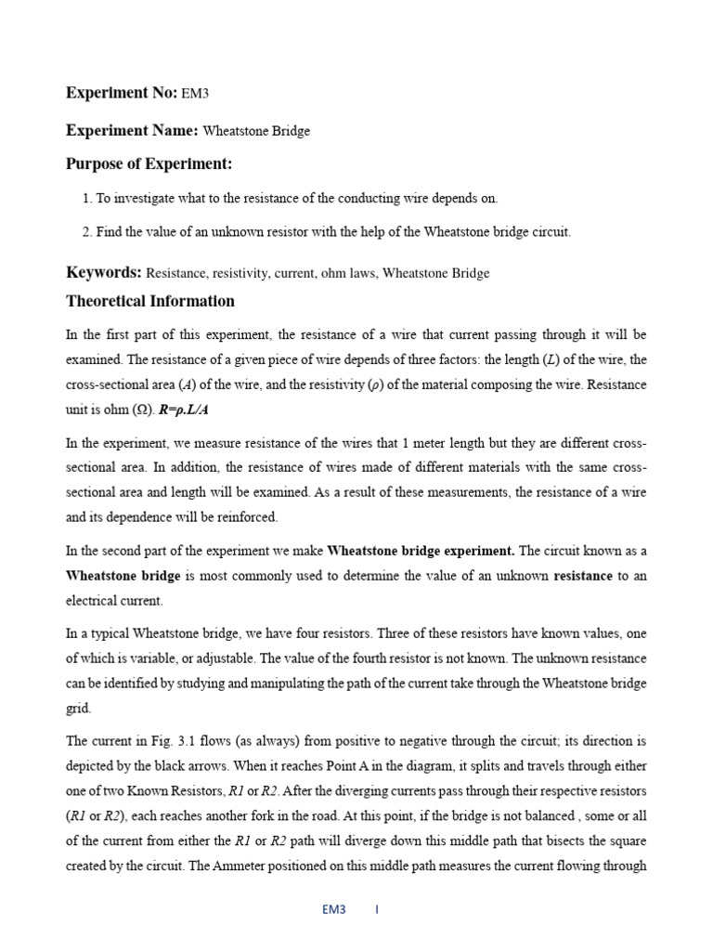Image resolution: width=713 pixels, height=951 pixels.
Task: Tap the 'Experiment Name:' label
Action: tap(132, 130)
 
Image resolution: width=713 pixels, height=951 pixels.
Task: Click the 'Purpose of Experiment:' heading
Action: tap(149, 164)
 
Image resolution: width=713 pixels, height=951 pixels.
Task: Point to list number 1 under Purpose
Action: tap(86, 198)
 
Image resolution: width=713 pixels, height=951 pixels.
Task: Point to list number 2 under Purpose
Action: tap(86, 232)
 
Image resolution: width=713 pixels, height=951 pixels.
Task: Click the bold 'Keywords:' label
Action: tap(104, 272)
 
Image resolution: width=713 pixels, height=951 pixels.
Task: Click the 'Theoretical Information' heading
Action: tap(150, 301)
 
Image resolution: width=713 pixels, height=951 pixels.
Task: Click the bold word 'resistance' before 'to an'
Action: tap(583, 576)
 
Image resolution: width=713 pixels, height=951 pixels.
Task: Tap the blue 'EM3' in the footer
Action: tap(334, 910)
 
